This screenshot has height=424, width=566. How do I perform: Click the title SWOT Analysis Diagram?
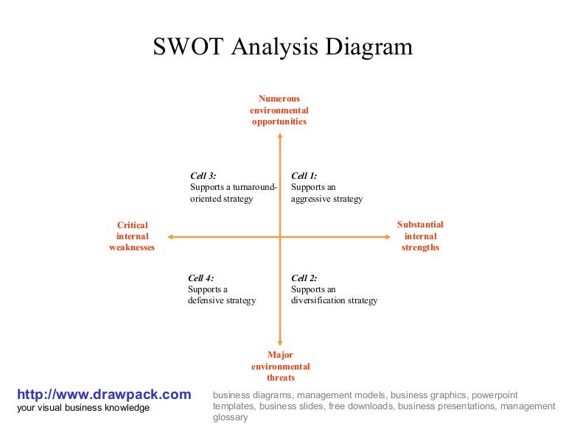(283, 47)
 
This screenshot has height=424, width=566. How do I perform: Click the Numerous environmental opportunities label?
(279, 110)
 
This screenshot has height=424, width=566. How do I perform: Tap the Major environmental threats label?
(280, 366)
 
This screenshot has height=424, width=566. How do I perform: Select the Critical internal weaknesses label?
(132, 236)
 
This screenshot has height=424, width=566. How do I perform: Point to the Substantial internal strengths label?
(420, 236)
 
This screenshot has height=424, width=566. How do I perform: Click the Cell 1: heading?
(304, 176)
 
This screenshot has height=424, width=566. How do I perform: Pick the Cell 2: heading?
(304, 278)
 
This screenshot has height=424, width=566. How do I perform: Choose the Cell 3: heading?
(203, 176)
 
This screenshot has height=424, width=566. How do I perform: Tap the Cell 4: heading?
(200, 278)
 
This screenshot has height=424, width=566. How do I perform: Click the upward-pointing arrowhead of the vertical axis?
(280, 134)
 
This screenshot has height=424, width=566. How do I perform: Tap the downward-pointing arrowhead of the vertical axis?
(280, 342)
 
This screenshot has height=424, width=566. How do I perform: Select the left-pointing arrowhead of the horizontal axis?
(170, 236)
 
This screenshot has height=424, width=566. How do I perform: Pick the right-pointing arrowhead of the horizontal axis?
(386, 236)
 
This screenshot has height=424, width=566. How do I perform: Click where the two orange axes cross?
(280, 236)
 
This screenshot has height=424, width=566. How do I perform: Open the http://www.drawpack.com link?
(104, 395)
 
